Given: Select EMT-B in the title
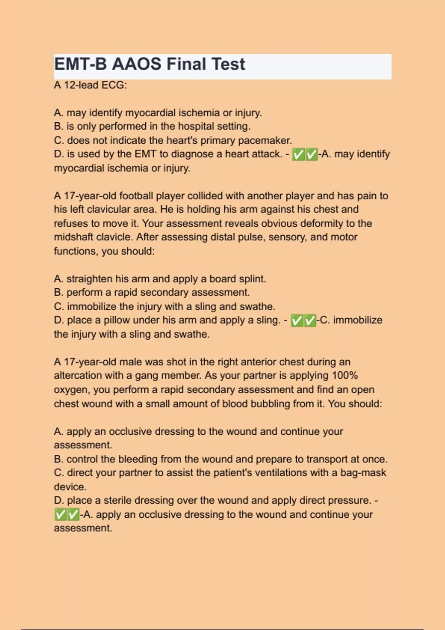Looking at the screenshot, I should pos(81,64).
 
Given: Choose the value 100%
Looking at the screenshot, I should pos(345,375).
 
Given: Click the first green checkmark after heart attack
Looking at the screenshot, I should pos(298,155).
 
